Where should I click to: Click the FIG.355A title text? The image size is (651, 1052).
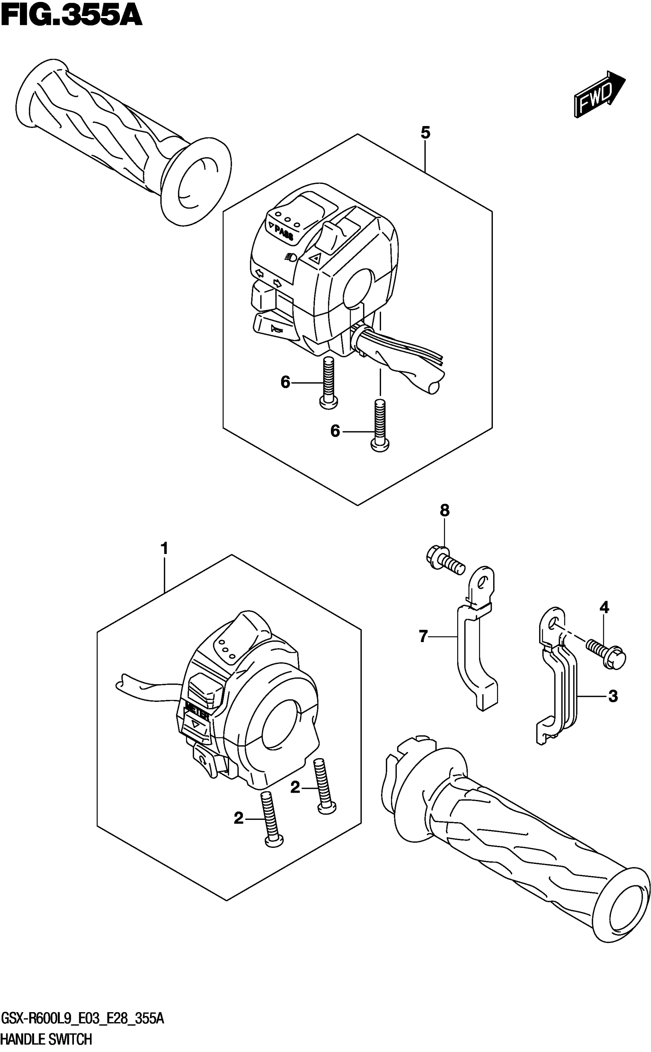point(71,16)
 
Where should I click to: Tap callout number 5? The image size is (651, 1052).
point(425,133)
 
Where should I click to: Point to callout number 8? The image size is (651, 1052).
point(445,511)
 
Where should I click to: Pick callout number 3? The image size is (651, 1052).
point(613,696)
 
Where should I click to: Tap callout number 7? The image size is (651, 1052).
point(423,636)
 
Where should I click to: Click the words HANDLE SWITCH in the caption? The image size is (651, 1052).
point(46,1040)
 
